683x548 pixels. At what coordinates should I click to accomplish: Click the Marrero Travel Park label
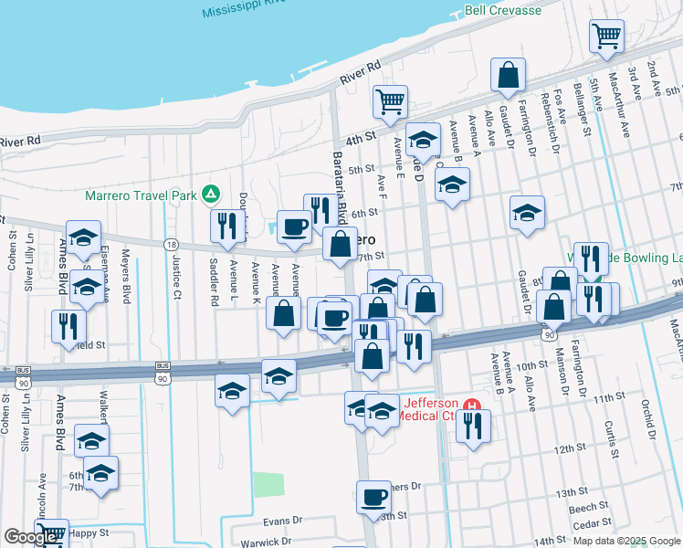[142, 195]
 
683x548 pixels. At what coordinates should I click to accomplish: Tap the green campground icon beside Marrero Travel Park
[211, 194]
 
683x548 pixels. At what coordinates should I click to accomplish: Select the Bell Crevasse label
[502, 11]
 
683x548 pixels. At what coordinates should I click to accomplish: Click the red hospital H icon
[471, 405]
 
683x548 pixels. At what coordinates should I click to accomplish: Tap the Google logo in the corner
[30, 537]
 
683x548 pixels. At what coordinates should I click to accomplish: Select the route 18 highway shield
[171, 245]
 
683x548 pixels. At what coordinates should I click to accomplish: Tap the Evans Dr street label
[282, 520]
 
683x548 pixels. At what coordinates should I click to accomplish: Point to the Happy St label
[89, 532]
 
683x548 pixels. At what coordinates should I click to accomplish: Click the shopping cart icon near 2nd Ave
[606, 37]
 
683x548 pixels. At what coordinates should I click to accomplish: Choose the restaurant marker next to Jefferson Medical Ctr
[472, 427]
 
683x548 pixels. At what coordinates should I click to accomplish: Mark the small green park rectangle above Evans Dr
[268, 484]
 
